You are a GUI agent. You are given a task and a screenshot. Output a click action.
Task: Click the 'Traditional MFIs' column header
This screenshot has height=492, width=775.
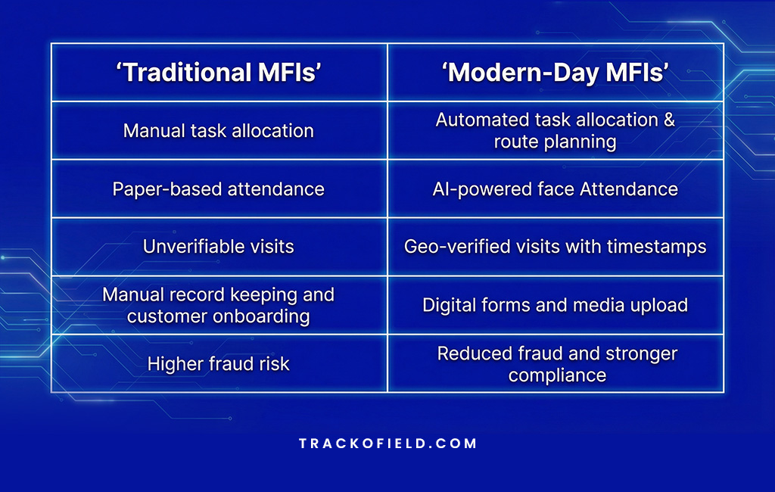pyautogui.click(x=219, y=73)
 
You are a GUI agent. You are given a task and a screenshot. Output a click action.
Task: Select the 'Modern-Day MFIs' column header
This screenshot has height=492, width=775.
pyautogui.click(x=555, y=73)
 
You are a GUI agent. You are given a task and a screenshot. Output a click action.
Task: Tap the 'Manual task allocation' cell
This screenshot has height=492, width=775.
pyautogui.click(x=219, y=130)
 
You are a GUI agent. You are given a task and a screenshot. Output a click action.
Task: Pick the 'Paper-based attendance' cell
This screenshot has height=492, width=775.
pyautogui.click(x=219, y=188)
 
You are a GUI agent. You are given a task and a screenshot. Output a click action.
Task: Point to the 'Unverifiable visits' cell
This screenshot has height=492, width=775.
pyautogui.click(x=219, y=246)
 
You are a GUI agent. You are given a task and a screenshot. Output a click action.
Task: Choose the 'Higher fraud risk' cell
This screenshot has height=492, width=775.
pyautogui.click(x=219, y=363)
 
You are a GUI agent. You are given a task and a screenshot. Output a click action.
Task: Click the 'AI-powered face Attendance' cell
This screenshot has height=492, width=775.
pyautogui.click(x=555, y=188)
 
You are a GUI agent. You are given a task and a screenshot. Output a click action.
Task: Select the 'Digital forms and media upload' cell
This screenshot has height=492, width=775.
pyautogui.click(x=555, y=305)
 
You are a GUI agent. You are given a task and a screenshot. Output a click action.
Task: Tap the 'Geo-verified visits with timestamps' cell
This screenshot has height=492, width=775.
pyautogui.click(x=555, y=246)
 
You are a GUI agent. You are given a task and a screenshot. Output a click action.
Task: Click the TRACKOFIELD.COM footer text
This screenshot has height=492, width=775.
pyautogui.click(x=387, y=444)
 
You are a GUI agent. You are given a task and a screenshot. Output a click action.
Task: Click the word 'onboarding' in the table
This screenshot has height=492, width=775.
pyautogui.click(x=263, y=316)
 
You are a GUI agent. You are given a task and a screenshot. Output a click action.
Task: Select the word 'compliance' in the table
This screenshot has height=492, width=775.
pyautogui.click(x=557, y=375)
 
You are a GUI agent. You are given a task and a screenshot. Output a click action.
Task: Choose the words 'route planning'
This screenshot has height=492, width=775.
pyautogui.click(x=555, y=142)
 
